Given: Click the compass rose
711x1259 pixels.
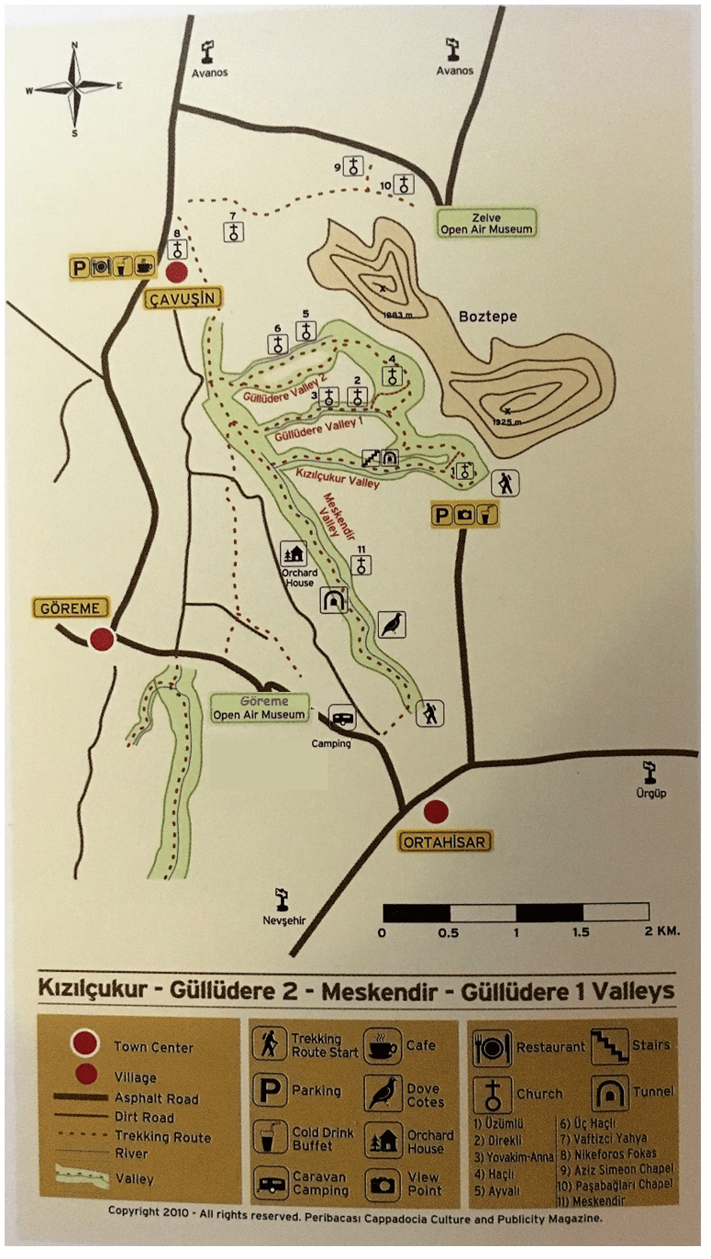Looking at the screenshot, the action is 75,88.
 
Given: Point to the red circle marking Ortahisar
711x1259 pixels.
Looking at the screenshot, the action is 436,811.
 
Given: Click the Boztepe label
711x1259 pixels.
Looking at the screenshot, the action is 487,317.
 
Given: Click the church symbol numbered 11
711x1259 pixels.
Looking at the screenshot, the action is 362,563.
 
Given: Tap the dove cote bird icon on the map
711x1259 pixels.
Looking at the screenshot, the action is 392,624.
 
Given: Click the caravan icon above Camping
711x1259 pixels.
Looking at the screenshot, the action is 342,719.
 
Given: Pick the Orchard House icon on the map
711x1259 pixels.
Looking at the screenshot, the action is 292,554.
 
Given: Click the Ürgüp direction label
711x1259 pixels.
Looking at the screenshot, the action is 650,791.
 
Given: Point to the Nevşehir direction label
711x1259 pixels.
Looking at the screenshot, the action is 283,920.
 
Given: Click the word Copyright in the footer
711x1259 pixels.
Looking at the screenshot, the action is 136,1211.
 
